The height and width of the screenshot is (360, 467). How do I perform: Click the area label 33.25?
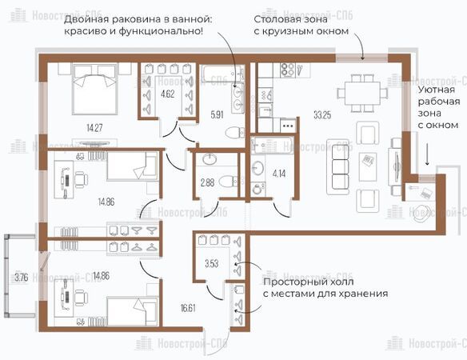tap(322, 114)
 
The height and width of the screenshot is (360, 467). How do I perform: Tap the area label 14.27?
tap(94, 128)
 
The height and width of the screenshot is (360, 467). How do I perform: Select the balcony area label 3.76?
tap(22, 278)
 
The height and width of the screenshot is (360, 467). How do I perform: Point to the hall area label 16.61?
tap(188, 307)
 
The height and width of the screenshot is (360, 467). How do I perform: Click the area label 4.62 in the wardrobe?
tap(168, 94)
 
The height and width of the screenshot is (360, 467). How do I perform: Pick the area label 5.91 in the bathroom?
tap(217, 114)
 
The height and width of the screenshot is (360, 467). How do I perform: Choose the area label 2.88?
tap(207, 182)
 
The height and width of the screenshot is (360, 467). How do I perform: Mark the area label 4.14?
tap(279, 174)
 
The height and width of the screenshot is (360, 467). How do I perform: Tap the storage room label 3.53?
tap(211, 263)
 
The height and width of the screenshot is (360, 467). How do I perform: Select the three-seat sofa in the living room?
tap(337, 166)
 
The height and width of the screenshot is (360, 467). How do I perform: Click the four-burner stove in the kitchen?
tap(288, 70)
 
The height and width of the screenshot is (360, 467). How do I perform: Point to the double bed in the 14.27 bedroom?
tap(94, 89)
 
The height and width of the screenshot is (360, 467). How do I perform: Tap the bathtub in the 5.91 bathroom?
tap(222, 74)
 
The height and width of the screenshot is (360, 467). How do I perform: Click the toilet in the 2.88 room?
tap(229, 181)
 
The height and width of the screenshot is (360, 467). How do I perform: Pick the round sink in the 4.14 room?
tap(257, 168)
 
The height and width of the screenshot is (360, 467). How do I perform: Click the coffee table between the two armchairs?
tap(368, 167)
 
